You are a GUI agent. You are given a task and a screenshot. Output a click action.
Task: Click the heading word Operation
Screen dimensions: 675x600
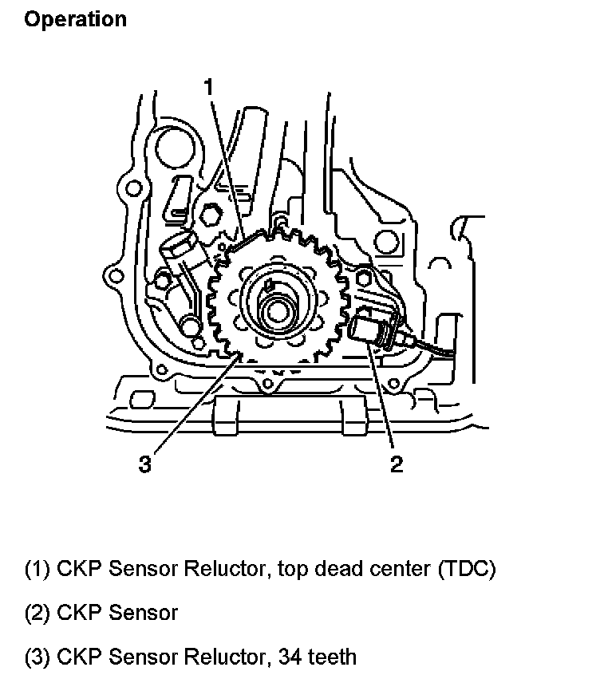(x=76, y=19)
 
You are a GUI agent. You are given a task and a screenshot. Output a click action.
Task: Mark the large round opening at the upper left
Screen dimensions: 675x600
(x=172, y=148)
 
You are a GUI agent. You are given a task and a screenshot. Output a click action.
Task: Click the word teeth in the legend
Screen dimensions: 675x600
(x=329, y=657)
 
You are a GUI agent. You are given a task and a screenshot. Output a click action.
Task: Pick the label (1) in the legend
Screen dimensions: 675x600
(x=37, y=569)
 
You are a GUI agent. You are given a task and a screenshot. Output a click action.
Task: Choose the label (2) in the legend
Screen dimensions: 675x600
(x=37, y=613)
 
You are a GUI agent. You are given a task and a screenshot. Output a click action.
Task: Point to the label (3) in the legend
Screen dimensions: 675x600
(x=37, y=657)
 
